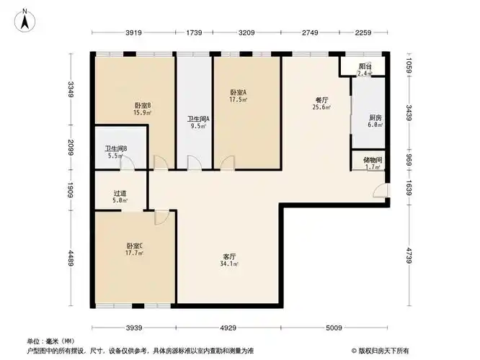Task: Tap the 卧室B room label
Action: click(x=141, y=104)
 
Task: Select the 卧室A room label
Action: click(x=238, y=92)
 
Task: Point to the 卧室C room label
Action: click(x=134, y=246)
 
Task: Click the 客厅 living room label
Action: click(x=230, y=256)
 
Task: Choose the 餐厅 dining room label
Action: click(x=321, y=100)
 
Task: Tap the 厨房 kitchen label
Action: click(x=375, y=117)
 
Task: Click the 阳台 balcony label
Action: click(x=365, y=66)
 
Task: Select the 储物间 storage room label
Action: click(x=373, y=160)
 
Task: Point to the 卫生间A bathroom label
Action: click(x=197, y=119)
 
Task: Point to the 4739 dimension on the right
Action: click(x=408, y=256)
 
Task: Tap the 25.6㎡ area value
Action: click(x=321, y=108)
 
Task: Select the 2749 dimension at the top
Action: click(x=310, y=33)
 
